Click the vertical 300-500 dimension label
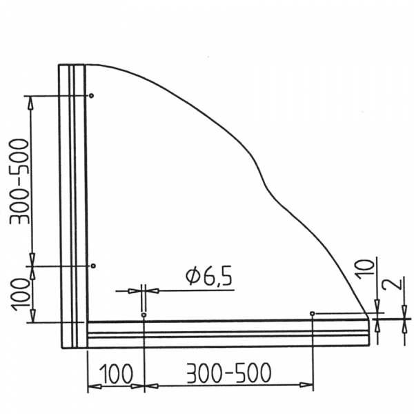point(19,181)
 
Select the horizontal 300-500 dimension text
point(227,373)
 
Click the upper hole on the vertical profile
point(92,95)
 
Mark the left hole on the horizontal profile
point(144,315)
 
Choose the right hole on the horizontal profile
point(313,314)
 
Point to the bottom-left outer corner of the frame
point(61,347)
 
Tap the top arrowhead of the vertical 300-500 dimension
point(31,101)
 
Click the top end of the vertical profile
point(72,65)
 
